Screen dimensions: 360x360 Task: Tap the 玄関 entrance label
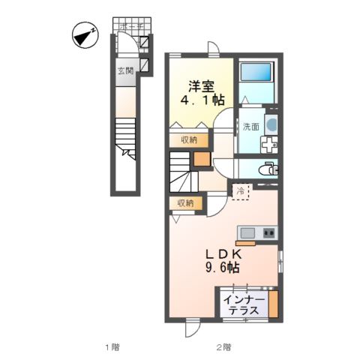tap(124, 71)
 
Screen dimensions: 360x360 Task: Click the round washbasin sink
tap(271, 125)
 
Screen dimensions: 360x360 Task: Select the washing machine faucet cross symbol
tap(268, 145)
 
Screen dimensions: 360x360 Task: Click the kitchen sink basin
tap(248, 233)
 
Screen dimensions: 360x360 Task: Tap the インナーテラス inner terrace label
tap(243, 303)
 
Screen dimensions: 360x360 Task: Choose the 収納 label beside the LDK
tap(185, 202)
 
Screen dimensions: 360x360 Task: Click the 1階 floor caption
tap(111, 347)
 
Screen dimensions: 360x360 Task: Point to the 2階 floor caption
tap(223, 347)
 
